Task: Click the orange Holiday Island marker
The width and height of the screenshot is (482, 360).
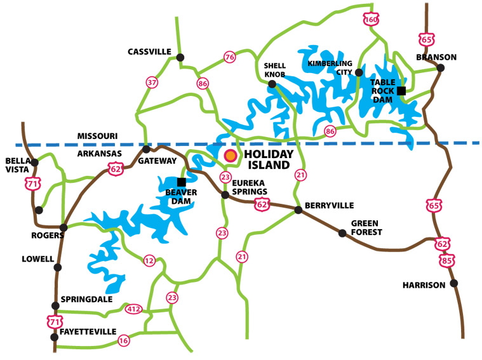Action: pyautogui.click(x=230, y=155)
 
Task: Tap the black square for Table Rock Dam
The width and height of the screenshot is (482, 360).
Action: pyautogui.click(x=401, y=91)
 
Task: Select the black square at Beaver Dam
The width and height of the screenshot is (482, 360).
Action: pyautogui.click(x=181, y=182)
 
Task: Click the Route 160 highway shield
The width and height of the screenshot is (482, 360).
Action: pyautogui.click(x=372, y=19)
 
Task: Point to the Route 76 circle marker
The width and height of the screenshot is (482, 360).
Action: pyautogui.click(x=229, y=58)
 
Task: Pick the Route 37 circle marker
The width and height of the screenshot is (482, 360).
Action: pyautogui.click(x=152, y=83)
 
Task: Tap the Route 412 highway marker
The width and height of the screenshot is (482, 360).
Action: pyautogui.click(x=133, y=309)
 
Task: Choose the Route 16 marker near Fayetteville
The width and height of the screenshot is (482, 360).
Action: pyautogui.click(x=123, y=341)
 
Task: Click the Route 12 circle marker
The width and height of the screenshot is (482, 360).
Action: pyautogui.click(x=149, y=260)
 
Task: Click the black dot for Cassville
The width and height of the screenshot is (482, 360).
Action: pyautogui.click(x=180, y=58)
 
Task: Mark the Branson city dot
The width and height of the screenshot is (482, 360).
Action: pyautogui.click(x=441, y=68)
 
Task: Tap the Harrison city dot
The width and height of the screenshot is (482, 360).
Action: pyautogui.click(x=453, y=283)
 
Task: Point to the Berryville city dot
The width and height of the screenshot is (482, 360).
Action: pyautogui.click(x=298, y=210)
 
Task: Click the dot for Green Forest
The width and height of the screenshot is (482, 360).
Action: pyautogui.click(x=343, y=233)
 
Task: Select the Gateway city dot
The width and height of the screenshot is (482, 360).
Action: pyautogui.click(x=146, y=149)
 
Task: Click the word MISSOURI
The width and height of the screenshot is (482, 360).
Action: pyautogui.click(x=97, y=136)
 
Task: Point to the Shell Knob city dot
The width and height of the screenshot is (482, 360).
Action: pyautogui.click(x=272, y=84)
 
